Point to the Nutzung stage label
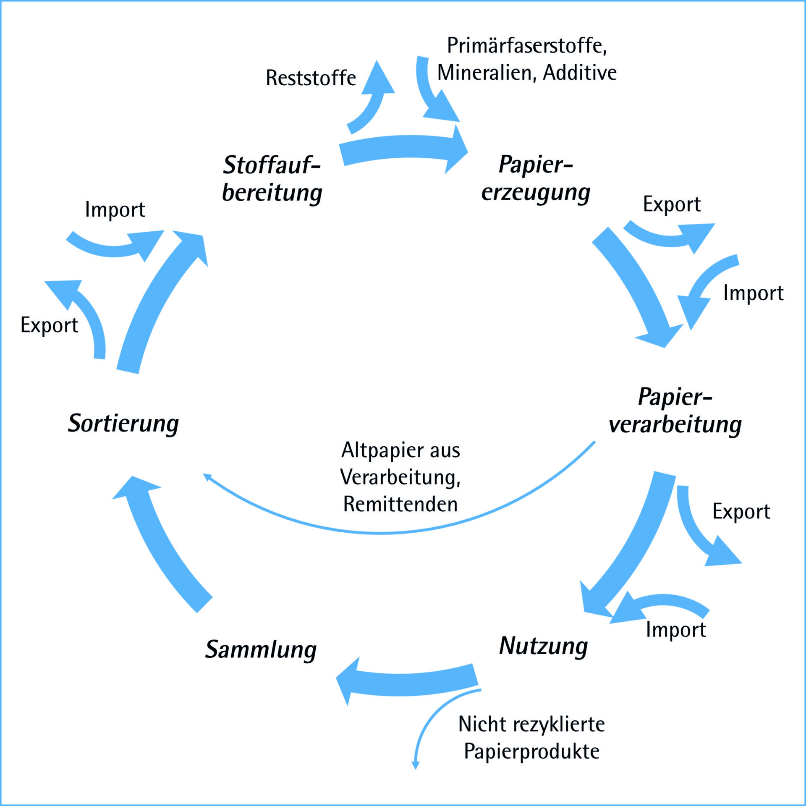point(544,646)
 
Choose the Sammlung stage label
point(261,649)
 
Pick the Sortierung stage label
point(123,423)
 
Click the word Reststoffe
point(311,78)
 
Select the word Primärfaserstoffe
point(527,45)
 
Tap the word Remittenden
point(400,504)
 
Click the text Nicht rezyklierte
point(531,724)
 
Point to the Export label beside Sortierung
point(49,325)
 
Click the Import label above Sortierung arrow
point(115,209)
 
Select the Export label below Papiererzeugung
point(672,204)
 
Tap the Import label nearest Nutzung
point(676,630)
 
